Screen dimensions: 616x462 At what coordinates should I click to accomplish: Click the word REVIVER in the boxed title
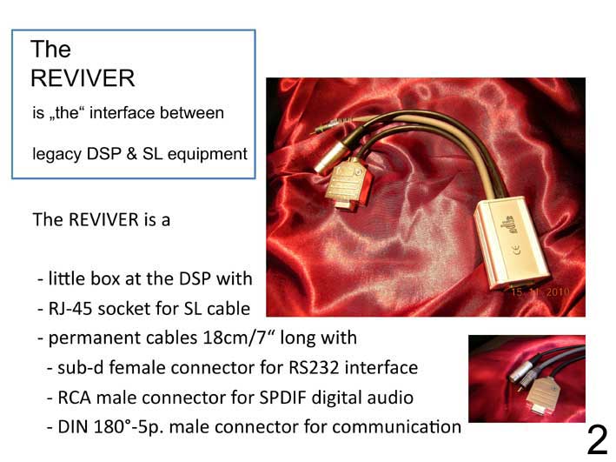point(83,78)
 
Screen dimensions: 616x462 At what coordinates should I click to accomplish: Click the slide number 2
point(597,440)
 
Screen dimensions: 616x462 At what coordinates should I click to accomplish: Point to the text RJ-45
point(70,309)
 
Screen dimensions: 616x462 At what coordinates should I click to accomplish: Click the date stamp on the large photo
point(540,292)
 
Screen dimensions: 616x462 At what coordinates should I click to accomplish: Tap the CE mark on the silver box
point(516,250)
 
